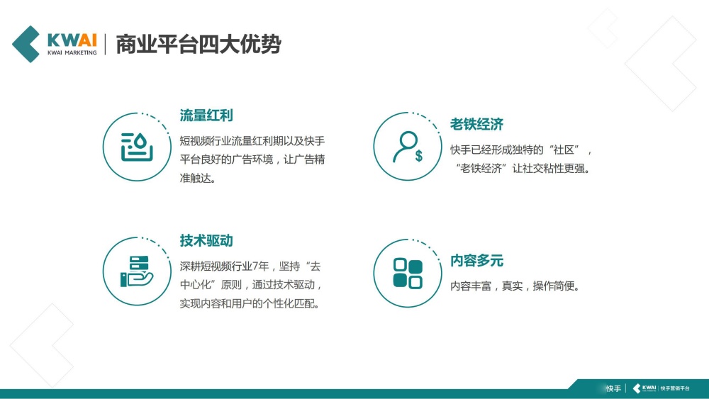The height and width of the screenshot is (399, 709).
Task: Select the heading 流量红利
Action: coord(206,116)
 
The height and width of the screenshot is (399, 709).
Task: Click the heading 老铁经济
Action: coord(476,125)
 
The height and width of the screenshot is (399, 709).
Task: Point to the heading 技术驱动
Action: coord(206,241)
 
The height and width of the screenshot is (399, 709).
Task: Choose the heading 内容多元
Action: coord(476,261)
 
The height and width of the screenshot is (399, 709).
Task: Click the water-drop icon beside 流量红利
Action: coord(137,147)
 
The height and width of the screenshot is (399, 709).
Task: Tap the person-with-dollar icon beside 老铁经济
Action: coord(408,147)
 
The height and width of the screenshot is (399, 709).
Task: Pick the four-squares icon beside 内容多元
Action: coord(408,274)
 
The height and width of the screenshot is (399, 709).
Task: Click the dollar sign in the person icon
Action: coord(419,156)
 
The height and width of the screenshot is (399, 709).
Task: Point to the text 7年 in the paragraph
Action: coord(263,266)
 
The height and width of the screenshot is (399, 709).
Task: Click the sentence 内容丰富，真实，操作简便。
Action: coord(515,286)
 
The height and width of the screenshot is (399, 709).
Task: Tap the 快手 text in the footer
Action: coord(613,388)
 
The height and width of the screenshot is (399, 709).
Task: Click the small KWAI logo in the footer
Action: coord(644,388)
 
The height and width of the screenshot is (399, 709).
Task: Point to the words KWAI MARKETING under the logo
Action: coord(72,52)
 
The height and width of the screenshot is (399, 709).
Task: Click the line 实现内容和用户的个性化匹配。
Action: coord(249,305)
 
